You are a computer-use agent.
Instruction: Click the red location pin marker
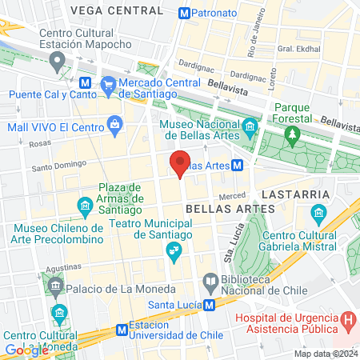180,164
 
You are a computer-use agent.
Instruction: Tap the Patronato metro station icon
185,13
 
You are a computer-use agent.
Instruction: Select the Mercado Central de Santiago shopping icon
108,83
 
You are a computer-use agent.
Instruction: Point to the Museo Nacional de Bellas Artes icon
250,126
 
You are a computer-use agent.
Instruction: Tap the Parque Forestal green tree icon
293,133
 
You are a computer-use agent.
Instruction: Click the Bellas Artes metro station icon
238,166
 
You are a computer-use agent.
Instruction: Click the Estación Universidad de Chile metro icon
122,328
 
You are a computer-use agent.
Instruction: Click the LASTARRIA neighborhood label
301,194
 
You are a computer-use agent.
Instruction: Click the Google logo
26,350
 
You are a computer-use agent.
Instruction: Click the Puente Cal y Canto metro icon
84,83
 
